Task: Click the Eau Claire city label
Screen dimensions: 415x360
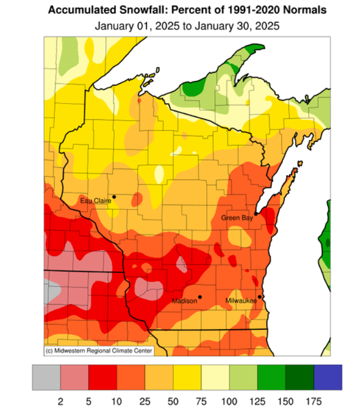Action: [x=95, y=201]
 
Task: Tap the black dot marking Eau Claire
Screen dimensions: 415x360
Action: [x=114, y=196]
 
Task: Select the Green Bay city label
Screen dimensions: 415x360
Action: [x=237, y=218]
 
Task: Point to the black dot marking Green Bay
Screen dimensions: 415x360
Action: [x=256, y=213]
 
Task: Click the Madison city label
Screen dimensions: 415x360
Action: [x=184, y=301]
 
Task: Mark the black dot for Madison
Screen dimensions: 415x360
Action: [x=200, y=297]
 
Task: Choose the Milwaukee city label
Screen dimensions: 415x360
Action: [x=241, y=301]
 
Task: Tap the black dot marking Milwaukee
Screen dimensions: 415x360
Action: [x=260, y=297]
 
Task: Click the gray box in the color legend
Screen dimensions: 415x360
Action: [x=46, y=377]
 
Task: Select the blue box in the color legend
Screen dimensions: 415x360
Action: [x=328, y=377]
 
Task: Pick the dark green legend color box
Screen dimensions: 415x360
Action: [x=300, y=377]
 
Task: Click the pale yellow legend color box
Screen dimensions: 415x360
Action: [x=215, y=377]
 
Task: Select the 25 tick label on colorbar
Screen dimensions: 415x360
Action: [x=145, y=400]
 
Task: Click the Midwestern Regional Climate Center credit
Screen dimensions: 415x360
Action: [x=98, y=351]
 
